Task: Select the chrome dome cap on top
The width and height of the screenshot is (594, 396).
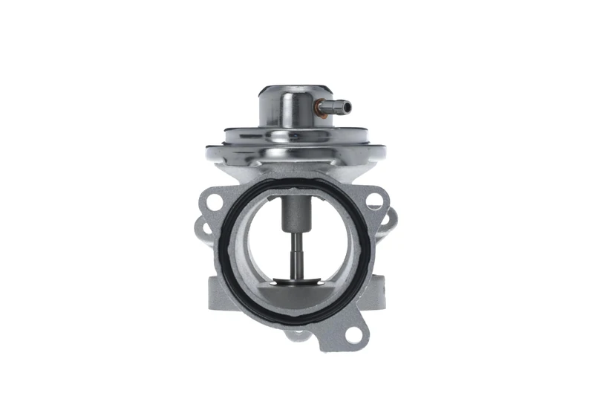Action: tap(286, 104)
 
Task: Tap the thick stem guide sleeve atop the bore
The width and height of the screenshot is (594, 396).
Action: tap(296, 212)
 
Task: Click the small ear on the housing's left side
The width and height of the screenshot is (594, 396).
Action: tap(200, 223)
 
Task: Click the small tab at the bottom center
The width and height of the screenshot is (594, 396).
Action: tap(297, 334)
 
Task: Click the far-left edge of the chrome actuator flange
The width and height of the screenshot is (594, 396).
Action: tap(209, 153)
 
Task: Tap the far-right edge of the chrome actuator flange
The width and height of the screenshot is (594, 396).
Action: tap(385, 153)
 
